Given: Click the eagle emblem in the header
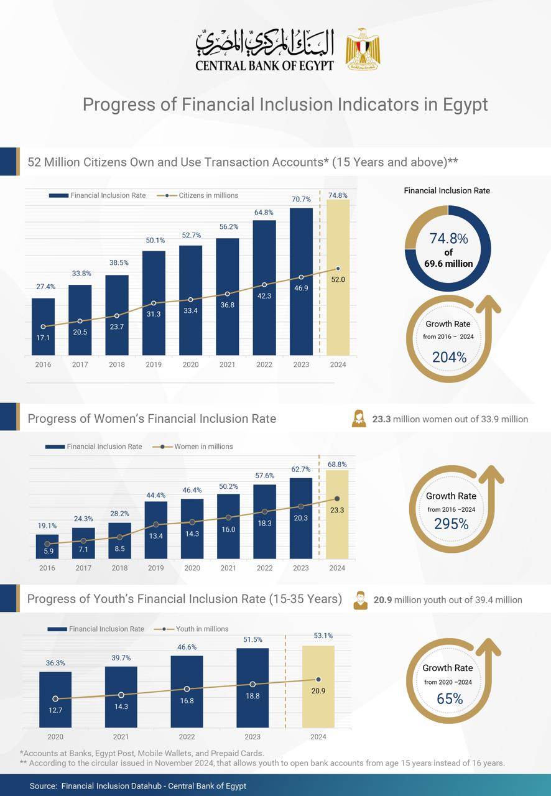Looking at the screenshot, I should coord(363,49).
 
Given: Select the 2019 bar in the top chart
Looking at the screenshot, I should coord(154,303).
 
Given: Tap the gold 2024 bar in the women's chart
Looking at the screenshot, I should coord(337,514).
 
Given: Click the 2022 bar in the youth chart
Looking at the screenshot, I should coord(187,691).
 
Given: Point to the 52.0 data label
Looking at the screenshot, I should coord(338,280).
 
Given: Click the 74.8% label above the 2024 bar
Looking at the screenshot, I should coord(338,195).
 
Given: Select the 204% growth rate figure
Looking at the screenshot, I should coord(449,357).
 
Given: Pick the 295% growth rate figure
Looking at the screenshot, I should coord(451,524).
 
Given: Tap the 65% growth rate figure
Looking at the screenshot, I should coord(450,698).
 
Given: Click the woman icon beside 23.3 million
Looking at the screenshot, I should coord(359,419).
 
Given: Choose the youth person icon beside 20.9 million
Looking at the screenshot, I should coord(360,600).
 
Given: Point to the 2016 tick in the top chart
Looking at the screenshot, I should coord(43,364).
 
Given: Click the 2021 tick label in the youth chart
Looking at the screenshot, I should coord(121,737).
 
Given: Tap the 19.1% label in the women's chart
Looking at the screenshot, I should coord(47,525).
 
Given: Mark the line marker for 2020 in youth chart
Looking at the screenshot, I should coord(55,699).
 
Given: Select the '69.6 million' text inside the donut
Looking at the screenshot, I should coord(448,264).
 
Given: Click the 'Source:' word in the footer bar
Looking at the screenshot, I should coord(44,786).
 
